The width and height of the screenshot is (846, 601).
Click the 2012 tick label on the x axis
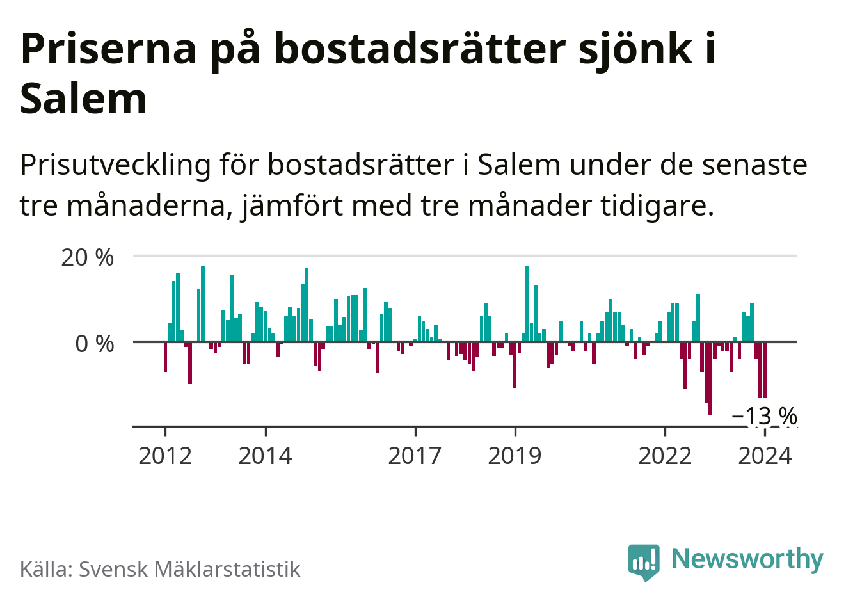click(165, 456)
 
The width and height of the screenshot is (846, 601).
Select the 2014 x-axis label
click(265, 456)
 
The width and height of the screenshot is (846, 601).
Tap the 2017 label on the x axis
click(415, 456)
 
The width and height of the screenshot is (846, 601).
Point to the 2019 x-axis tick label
click(515, 456)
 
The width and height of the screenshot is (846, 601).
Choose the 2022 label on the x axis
click(666, 456)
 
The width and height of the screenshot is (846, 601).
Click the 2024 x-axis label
click(765, 456)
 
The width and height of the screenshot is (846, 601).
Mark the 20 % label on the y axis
click(88, 257)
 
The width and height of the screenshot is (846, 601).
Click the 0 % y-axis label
click(95, 344)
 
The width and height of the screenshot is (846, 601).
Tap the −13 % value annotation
click(764, 416)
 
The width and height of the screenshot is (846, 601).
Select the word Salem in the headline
click(84, 99)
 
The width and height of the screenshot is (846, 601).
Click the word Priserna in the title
click(109, 49)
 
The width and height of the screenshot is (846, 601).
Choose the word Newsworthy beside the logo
click(747, 559)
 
